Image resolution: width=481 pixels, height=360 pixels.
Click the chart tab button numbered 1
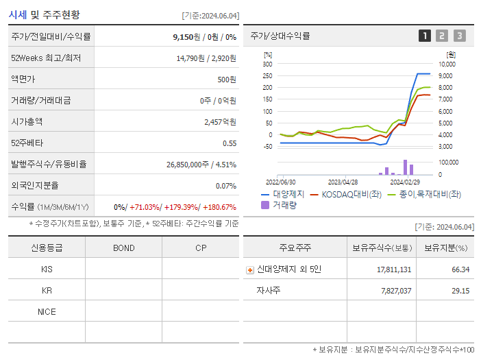pyautogui.click(x=425, y=36)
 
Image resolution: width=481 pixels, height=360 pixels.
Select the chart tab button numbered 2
pyautogui.click(x=442, y=36)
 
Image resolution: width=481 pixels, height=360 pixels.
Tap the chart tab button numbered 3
pyautogui.click(x=459, y=36)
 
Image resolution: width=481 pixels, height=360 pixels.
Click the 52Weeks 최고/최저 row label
pyautogui.click(x=46, y=58)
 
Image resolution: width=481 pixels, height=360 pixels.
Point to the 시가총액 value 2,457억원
pyautogui.click(x=220, y=122)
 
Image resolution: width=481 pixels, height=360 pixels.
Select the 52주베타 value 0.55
pyautogui.click(x=230, y=143)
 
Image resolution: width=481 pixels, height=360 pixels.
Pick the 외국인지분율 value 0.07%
pyautogui.click(x=225, y=186)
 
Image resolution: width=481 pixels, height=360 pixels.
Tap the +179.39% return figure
pyautogui.click(x=182, y=207)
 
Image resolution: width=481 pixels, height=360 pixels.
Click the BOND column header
pyautogui.click(x=123, y=248)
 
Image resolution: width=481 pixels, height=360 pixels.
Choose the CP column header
pyautogui.click(x=201, y=248)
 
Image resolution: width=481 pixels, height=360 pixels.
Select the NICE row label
pyautogui.click(x=47, y=312)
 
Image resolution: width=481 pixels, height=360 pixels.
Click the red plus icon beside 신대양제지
pyautogui.click(x=250, y=270)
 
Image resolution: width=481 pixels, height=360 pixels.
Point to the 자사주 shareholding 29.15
pyautogui.click(x=460, y=291)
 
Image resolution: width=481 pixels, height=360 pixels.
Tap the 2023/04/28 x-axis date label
pyautogui.click(x=343, y=182)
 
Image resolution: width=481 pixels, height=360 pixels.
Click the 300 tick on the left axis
pyautogui.click(x=267, y=64)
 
